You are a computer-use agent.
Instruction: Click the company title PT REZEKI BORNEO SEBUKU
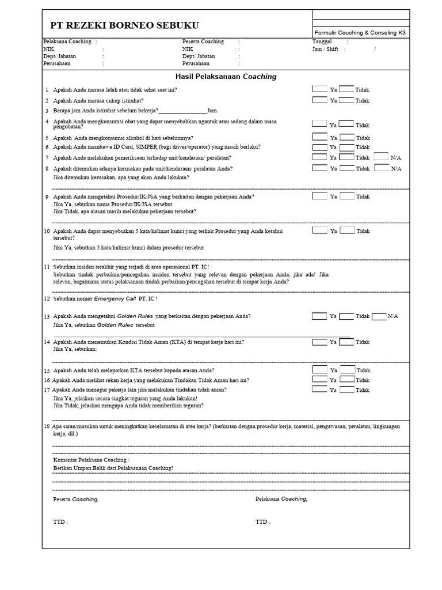pos(125,25)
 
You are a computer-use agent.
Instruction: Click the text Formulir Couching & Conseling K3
pos(360,33)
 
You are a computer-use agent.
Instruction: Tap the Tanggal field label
pos(322,41)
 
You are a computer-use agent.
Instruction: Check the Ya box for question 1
pos(319,89)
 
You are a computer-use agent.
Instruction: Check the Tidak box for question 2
pos(346,100)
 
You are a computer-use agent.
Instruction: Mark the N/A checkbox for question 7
pos(381,156)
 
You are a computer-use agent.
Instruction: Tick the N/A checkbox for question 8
pos(381,168)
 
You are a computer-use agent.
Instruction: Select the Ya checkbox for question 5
pos(319,137)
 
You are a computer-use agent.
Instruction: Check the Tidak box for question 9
pos(347,196)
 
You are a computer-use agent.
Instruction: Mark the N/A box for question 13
pos(379,316)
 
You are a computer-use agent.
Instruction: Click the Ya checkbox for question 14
pos(319,342)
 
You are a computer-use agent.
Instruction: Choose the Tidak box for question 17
pos(346,389)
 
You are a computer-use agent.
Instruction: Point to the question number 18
pos(47,426)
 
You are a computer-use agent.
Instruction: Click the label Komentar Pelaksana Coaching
pos(91,460)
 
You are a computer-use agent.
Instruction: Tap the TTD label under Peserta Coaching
pos(60,521)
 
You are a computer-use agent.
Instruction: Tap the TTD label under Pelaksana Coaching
pos(262,521)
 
